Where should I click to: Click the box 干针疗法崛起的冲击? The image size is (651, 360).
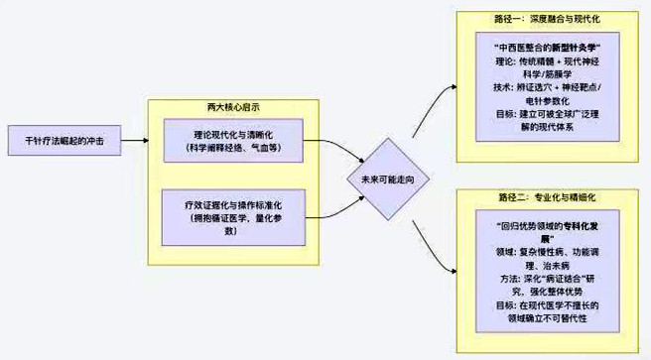pyautogui.click(x=65, y=142)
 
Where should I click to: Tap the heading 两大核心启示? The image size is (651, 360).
pyautogui.click(x=234, y=105)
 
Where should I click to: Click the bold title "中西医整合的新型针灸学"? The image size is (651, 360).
pyautogui.click(x=548, y=47)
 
